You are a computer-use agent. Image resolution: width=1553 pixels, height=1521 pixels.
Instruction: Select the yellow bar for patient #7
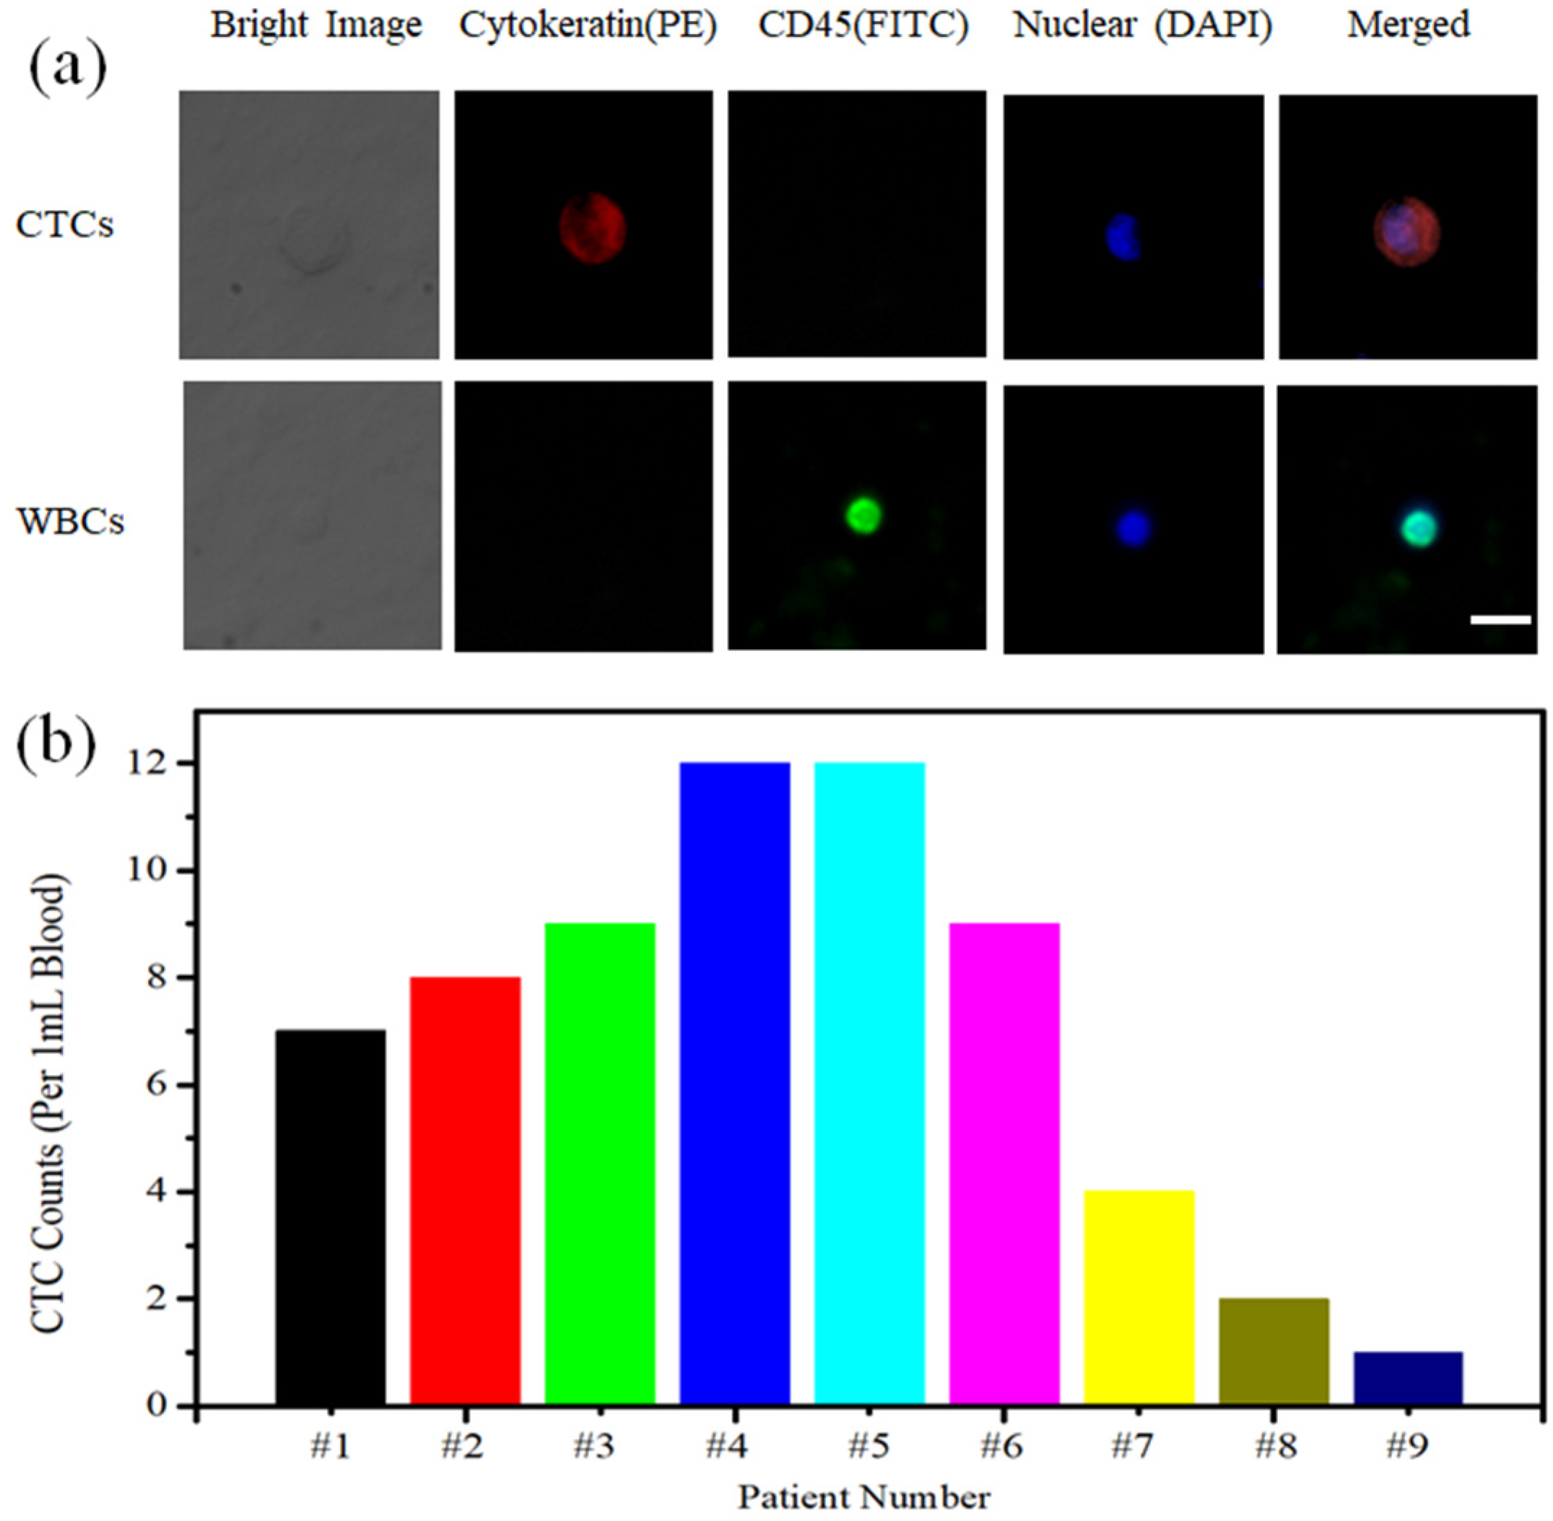1139,1297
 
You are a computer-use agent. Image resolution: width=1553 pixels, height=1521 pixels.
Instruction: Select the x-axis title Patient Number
864,1496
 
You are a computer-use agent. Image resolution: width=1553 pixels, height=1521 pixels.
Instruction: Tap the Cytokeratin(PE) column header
588,25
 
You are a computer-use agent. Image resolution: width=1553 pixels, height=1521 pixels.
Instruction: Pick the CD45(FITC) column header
863,25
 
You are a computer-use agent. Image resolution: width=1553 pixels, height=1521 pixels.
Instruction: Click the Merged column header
1409,25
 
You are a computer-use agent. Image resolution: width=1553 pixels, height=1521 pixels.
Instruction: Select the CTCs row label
65,225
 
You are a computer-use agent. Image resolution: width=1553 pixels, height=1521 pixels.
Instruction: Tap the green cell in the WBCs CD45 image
863,515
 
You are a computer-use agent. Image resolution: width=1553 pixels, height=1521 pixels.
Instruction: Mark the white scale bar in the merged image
1500,619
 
